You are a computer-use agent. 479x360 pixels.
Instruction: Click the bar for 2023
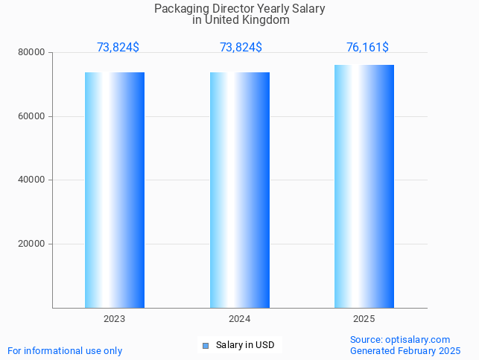point(115,190)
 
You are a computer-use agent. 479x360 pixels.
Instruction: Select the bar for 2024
point(240,190)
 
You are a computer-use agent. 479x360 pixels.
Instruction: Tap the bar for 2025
point(364,186)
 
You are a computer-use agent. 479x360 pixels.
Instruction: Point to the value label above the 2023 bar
point(118,48)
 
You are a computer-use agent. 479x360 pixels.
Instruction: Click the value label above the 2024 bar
point(241,48)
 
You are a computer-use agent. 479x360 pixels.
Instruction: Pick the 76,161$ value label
point(367,48)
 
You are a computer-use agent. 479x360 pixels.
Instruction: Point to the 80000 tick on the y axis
point(33,53)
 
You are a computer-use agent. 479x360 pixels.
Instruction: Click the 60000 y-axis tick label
point(33,116)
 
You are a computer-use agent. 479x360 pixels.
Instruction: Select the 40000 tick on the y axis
point(33,180)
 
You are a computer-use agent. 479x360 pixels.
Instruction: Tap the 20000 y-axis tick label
point(33,244)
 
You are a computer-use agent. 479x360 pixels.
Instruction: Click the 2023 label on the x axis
point(115,319)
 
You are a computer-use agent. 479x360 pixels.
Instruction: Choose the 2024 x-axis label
point(240,319)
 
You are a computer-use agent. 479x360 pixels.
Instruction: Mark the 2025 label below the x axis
point(364,319)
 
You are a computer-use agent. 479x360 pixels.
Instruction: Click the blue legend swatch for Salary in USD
point(206,345)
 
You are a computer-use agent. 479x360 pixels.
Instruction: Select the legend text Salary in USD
point(245,345)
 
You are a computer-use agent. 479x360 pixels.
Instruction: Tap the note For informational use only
point(65,351)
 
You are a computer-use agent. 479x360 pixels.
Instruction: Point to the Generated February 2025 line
point(405,351)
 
